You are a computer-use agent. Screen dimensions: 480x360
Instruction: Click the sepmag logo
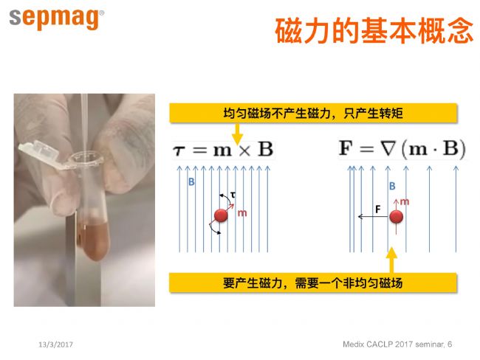(56, 19)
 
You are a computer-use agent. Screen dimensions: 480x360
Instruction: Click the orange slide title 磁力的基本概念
(374, 31)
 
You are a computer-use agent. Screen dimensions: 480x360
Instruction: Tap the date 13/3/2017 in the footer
(55, 345)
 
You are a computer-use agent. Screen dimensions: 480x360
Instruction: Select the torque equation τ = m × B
(223, 150)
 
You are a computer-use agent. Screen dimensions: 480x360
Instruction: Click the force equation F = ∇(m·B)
(402, 149)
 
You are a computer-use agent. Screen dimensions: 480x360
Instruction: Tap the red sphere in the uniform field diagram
(221, 215)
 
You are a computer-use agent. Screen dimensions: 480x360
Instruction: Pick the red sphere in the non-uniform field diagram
(396, 217)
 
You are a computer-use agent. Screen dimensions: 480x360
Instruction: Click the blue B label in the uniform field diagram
(191, 182)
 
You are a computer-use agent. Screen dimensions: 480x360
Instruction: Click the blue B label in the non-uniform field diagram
(392, 186)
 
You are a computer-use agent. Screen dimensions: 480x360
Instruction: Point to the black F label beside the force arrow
(378, 210)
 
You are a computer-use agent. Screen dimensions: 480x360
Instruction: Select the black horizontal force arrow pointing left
(374, 217)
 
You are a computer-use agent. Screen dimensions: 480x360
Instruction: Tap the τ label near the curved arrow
(233, 195)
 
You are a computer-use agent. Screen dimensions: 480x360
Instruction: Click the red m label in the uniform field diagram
(242, 213)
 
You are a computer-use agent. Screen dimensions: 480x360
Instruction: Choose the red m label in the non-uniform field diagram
(405, 201)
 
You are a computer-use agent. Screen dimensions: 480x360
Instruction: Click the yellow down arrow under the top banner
(237, 134)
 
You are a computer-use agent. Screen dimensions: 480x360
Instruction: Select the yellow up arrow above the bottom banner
(391, 260)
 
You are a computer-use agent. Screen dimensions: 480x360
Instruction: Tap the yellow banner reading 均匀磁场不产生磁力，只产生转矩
(313, 113)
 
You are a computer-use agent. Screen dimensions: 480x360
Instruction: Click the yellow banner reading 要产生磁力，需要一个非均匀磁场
(313, 283)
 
